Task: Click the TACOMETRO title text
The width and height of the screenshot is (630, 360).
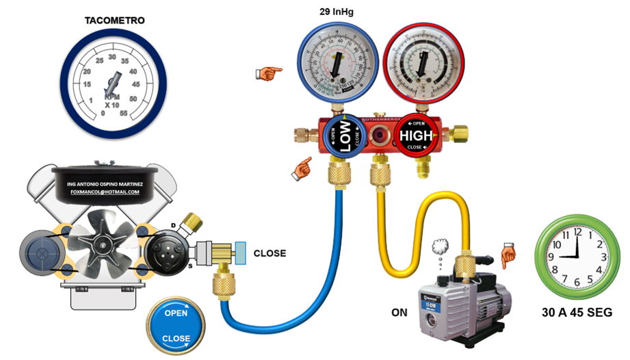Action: (x=114, y=21)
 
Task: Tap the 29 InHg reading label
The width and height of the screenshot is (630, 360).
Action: (x=337, y=12)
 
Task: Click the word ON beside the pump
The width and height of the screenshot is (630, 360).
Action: (x=399, y=313)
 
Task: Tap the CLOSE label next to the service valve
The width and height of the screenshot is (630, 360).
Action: (x=270, y=253)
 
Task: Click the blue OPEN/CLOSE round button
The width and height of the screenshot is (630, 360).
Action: (x=176, y=326)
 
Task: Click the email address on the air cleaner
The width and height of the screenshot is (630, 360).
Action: (x=105, y=192)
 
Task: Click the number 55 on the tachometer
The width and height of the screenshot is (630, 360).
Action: (x=124, y=114)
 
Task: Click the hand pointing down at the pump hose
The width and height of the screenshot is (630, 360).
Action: (x=507, y=255)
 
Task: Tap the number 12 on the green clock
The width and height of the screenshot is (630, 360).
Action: (x=578, y=231)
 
